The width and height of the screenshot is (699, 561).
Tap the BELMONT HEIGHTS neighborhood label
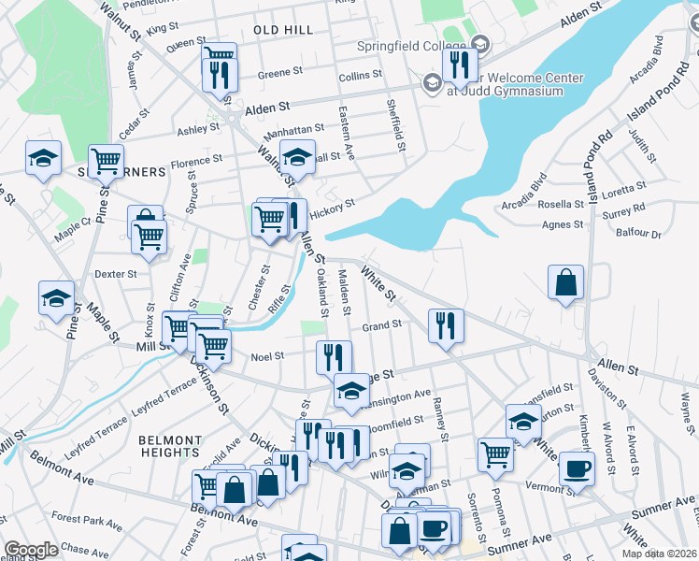[170, 446]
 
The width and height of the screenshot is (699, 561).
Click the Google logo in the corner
[31, 550]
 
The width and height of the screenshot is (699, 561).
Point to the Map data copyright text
[660, 554]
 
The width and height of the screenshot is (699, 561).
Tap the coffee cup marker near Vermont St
[577, 467]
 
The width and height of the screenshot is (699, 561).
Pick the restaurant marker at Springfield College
[460, 64]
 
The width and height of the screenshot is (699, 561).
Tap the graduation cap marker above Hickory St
[298, 157]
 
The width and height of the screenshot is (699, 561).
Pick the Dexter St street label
[116, 274]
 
